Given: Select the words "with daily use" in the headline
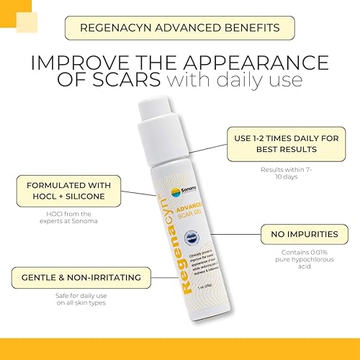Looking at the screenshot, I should [237, 78].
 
